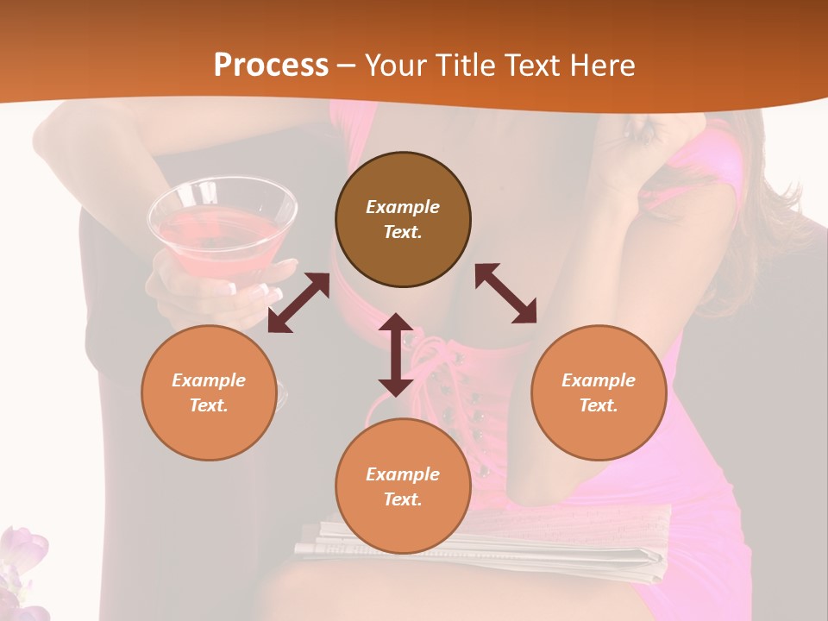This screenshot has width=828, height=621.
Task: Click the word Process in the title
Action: point(271,65)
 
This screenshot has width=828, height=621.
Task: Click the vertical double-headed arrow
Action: point(396,354)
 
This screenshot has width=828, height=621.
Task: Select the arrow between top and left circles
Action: point(298,303)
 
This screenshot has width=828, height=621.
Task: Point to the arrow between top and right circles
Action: point(506,293)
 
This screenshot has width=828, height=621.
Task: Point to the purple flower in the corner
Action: point(22,561)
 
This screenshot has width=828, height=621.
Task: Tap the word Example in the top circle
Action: point(403,207)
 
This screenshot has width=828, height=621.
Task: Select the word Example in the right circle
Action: point(599,380)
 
